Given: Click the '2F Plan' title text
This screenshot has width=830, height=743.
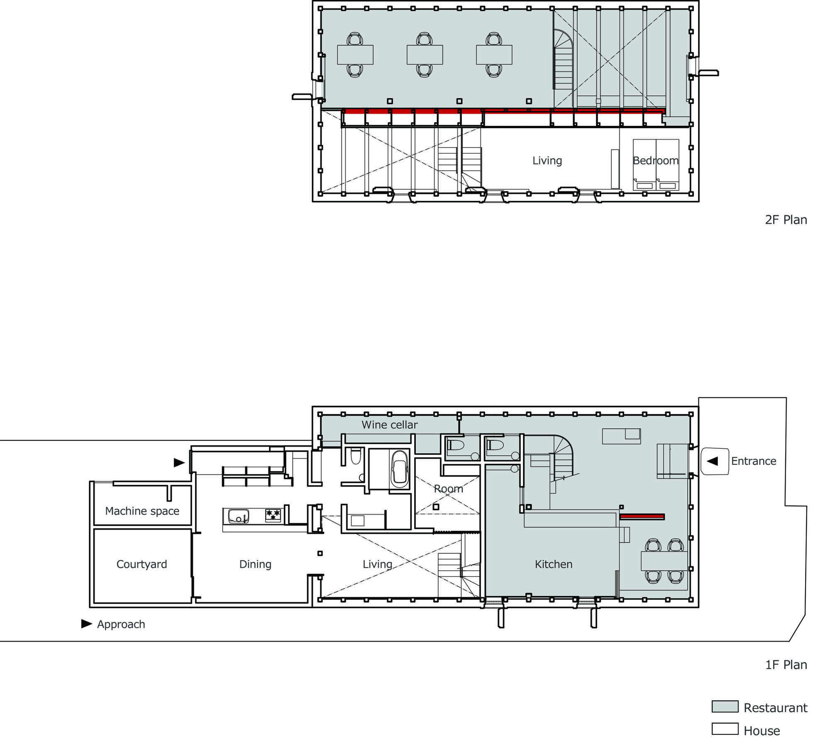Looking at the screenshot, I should (786, 220).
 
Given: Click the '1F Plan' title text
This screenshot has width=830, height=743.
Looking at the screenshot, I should (786, 665).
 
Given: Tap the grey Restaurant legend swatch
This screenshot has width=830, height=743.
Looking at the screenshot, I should (725, 706).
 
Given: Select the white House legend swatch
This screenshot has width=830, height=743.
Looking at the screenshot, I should (725, 729).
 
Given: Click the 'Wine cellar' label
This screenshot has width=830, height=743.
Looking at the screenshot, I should (389, 425).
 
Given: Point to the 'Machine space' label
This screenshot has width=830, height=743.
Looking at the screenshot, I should (142, 511).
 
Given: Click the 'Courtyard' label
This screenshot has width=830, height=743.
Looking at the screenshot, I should (142, 564).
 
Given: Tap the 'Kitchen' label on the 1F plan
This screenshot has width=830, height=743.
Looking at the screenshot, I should (553, 564).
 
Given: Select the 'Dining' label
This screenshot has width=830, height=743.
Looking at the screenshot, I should (255, 564).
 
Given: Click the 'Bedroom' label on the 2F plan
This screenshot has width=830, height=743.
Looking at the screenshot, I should (655, 160).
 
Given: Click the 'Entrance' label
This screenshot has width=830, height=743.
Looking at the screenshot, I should (753, 461).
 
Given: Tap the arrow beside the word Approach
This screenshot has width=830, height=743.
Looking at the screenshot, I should (86, 623).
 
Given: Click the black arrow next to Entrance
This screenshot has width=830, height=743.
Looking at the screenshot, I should (712, 461).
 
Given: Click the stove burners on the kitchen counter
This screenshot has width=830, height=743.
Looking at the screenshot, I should (273, 515).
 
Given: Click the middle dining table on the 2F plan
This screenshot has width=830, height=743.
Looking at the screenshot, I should (425, 55).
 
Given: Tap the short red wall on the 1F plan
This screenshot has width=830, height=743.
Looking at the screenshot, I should (642, 517).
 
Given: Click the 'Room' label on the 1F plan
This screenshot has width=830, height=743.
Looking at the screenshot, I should (448, 489).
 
